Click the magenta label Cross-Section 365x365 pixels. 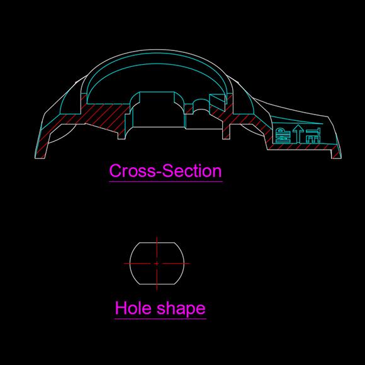(166, 171)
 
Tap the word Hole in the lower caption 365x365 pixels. (133, 308)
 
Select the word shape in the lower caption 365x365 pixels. (181, 309)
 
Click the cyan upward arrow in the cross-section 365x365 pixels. (298, 133)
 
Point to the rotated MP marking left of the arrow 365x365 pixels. (283, 135)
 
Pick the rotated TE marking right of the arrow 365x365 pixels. (313, 135)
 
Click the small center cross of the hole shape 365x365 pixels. (157, 263)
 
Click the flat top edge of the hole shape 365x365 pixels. (157, 242)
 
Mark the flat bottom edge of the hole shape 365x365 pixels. (157, 284)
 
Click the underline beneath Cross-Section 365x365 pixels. (166, 181)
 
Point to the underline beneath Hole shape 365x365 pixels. (160, 318)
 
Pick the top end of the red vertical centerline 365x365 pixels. (157, 237)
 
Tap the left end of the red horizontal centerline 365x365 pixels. (124, 264)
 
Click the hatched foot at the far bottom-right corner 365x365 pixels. (336, 154)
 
